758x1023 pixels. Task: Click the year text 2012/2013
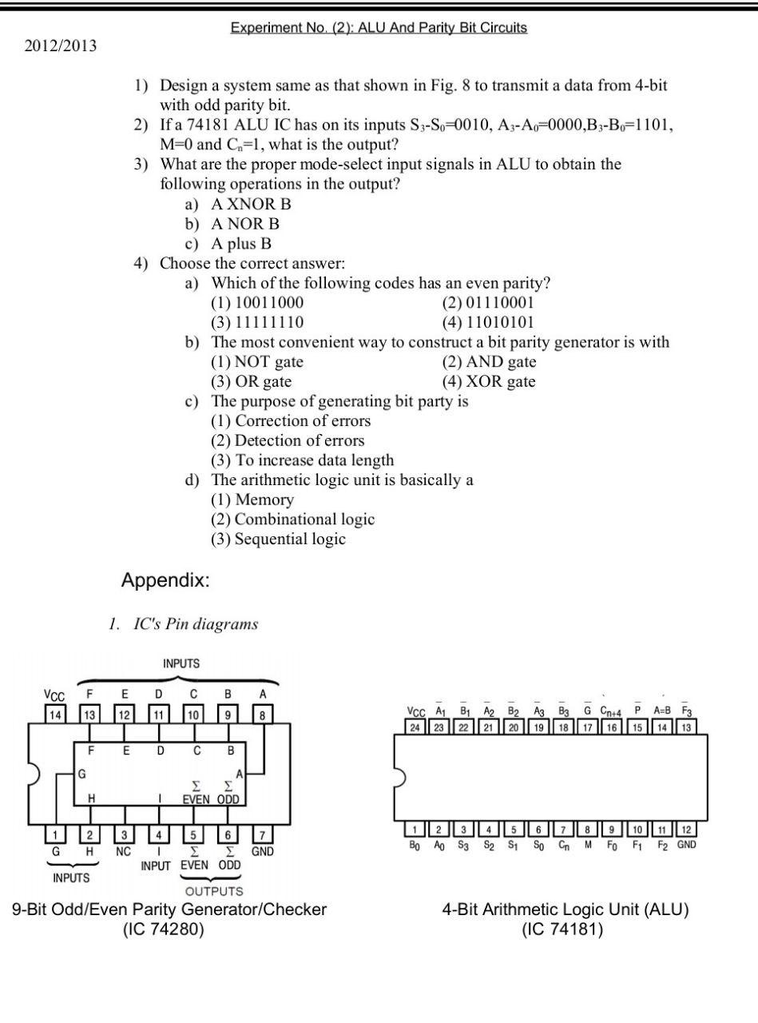[61, 46]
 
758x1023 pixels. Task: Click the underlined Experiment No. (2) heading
[379, 28]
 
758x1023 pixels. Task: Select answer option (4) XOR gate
[489, 381]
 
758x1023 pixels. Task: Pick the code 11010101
[488, 323]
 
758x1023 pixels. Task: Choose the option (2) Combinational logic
[292, 519]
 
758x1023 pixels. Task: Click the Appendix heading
[165, 581]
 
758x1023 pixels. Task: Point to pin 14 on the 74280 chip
[54, 715]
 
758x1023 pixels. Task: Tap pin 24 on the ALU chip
[415, 726]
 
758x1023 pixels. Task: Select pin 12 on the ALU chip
[687, 830]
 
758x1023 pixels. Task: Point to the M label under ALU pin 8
[588, 845]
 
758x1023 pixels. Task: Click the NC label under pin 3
[123, 852]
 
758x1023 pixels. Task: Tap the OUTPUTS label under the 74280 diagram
[214, 891]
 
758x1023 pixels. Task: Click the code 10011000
[257, 303]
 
